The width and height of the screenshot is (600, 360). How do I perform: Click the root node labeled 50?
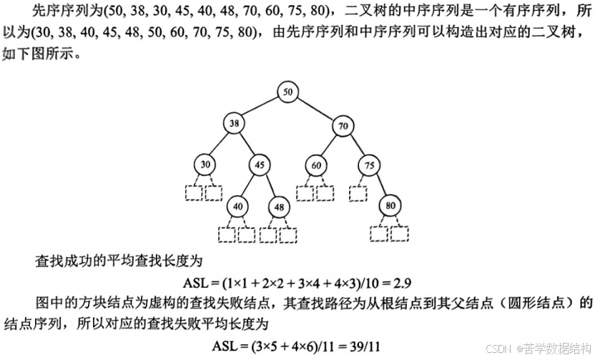287,92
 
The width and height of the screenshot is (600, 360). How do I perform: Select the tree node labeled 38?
233,123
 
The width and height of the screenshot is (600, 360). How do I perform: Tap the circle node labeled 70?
343,127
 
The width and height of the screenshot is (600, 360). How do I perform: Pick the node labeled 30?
206,165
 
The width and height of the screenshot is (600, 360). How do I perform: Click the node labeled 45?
260,165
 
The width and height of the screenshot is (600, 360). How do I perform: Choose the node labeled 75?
369,165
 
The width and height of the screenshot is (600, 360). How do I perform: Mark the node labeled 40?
238,206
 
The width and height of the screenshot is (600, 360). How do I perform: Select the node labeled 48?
278,206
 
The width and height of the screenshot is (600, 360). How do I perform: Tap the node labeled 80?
390,206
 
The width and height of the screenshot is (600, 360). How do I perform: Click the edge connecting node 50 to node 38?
260,107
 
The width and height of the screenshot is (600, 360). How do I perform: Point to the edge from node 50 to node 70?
315,109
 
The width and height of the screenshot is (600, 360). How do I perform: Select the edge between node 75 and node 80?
380,185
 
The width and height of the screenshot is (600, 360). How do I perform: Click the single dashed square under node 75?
358,193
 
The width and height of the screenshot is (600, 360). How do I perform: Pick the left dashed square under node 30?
194,193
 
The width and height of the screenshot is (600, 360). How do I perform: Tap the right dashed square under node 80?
400,233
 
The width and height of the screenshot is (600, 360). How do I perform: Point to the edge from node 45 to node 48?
269,185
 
